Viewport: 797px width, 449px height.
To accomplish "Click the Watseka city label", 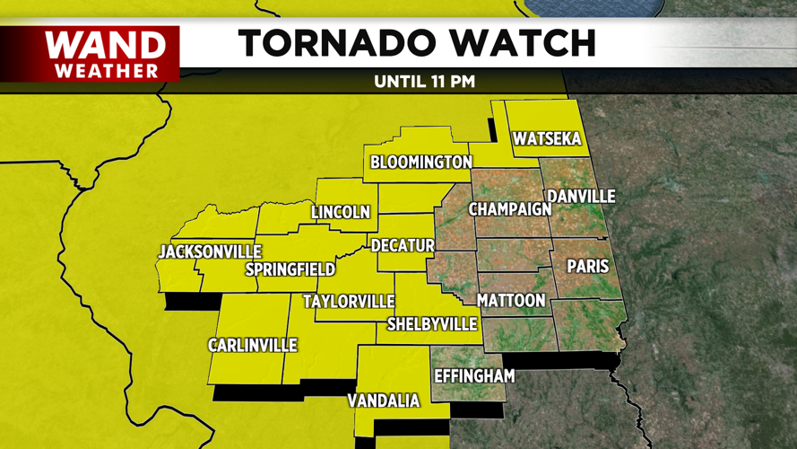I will (547, 139).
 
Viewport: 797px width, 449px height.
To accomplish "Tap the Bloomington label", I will (421, 163).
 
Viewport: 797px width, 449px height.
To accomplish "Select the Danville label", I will (581, 196).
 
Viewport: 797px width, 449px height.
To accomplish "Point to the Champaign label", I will (510, 209).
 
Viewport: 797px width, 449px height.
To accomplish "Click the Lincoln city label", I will (341, 213).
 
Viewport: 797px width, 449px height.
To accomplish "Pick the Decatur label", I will (403, 245).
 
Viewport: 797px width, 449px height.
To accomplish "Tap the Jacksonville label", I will (210, 252).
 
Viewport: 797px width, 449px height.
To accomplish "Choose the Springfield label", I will (290, 269).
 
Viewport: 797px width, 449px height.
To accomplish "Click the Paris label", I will (588, 267).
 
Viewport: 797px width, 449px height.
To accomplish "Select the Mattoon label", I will (511, 300).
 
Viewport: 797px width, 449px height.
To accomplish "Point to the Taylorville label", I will (349, 301).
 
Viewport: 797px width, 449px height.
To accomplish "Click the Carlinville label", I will (252, 346).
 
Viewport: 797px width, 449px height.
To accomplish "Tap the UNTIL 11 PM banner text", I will (424, 82).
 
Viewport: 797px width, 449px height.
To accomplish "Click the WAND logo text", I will (105, 45).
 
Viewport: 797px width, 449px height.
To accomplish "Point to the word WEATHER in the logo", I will (106, 70).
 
